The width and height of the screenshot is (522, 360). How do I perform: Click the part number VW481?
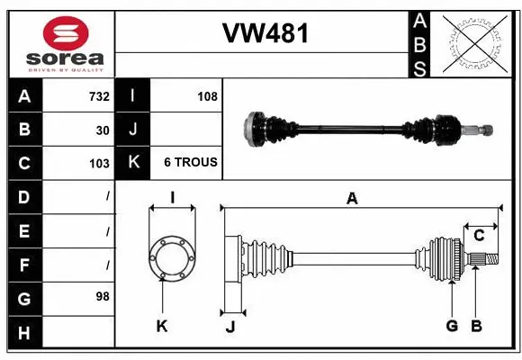pos(265,34)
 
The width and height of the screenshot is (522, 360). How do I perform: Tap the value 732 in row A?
pos(99,96)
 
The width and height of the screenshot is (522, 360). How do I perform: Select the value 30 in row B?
pos(103,130)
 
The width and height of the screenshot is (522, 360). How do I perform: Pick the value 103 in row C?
pos(99,163)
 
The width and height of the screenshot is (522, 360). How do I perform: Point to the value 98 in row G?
pos(103,295)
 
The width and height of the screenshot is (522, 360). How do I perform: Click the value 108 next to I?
pos(207,96)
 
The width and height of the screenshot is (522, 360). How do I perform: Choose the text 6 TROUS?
pos(190,163)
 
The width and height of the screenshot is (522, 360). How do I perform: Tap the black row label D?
pos(23,196)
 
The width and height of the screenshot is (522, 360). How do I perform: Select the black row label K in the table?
pos(133,163)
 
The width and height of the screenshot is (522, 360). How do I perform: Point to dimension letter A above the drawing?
pos(352,199)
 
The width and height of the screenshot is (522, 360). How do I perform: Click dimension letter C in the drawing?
pos(479,236)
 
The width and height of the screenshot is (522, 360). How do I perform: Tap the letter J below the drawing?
pos(230,327)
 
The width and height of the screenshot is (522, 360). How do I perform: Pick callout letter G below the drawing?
pos(452,326)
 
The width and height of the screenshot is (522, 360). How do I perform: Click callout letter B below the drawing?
pos(477,326)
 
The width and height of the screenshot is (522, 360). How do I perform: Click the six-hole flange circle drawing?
pos(171,258)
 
